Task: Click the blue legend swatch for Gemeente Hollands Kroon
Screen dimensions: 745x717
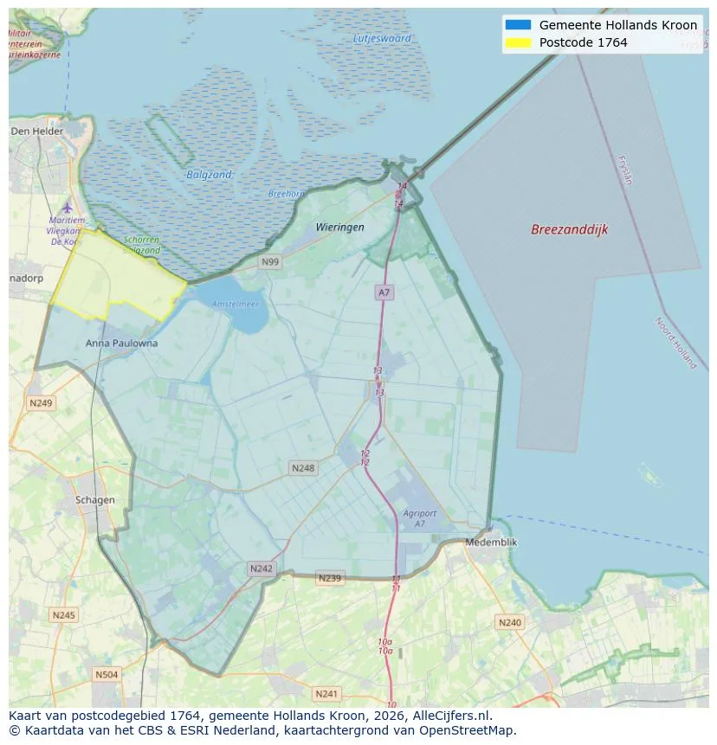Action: [517, 25]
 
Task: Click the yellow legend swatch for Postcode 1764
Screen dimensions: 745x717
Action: [517, 42]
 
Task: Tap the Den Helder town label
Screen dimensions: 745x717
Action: [37, 131]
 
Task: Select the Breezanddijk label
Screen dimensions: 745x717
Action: [570, 230]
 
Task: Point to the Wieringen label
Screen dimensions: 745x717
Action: [339, 227]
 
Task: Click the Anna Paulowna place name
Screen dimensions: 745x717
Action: [122, 343]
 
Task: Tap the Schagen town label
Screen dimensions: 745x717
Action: [95, 500]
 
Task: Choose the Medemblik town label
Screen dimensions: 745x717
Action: [491, 542]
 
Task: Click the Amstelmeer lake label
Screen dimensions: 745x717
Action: [236, 305]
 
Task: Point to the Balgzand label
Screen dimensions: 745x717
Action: [210, 175]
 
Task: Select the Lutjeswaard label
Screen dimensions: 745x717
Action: [382, 38]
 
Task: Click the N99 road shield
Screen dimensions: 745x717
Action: [271, 261]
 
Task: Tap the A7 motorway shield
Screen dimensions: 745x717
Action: [384, 292]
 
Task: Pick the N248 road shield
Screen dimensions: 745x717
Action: [303, 468]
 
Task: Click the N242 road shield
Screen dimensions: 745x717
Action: [261, 568]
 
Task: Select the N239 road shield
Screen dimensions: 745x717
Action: [330, 578]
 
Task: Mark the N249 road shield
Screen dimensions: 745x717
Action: [41, 403]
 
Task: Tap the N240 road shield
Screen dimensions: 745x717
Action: [509, 622]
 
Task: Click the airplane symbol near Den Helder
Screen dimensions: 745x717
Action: [68, 208]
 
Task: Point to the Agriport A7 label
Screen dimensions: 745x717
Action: [420, 518]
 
